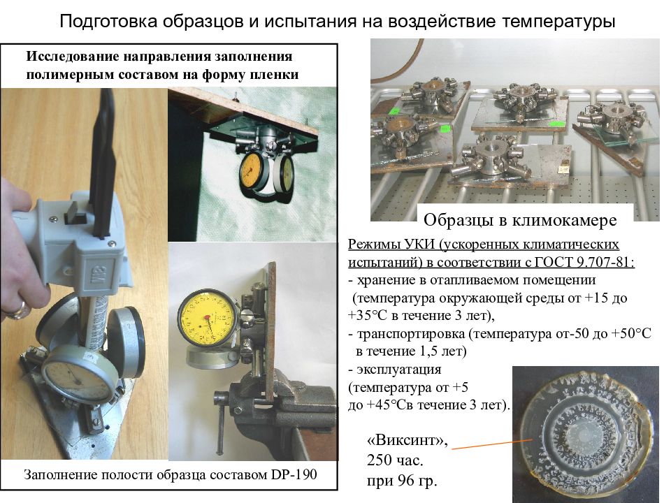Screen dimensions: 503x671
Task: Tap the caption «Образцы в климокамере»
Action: [520, 221]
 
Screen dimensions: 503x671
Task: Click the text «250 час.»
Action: [396, 461]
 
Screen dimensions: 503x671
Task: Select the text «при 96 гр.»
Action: [402, 481]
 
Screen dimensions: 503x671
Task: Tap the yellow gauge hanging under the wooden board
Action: [253, 170]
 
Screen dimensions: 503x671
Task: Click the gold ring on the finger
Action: [19, 308]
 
